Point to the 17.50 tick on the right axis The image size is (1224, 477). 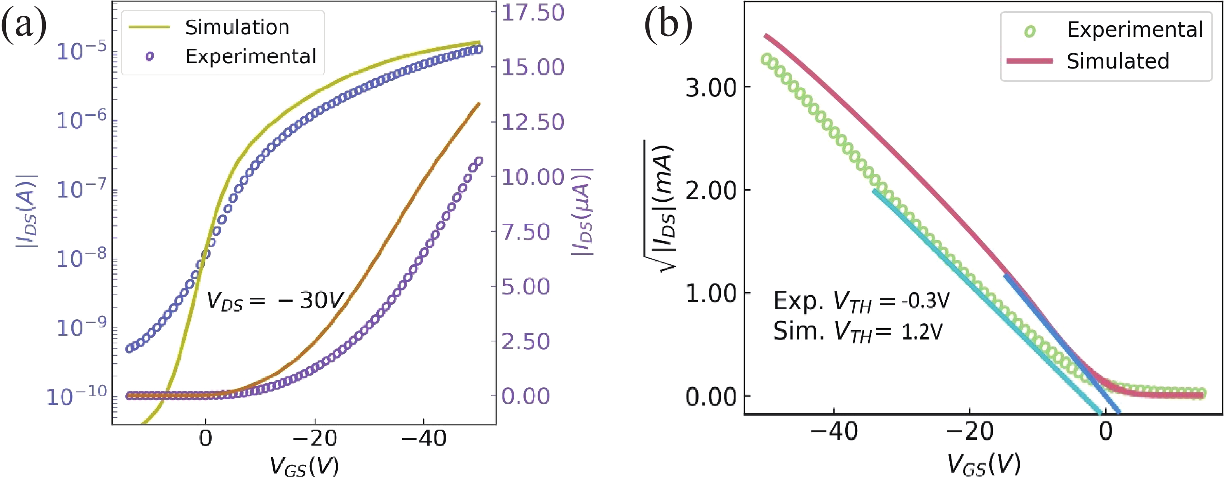533,12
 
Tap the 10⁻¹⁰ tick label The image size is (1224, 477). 77,396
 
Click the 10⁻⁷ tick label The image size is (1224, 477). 77,189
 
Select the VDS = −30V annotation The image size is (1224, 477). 275,301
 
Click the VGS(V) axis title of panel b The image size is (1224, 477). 983,464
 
